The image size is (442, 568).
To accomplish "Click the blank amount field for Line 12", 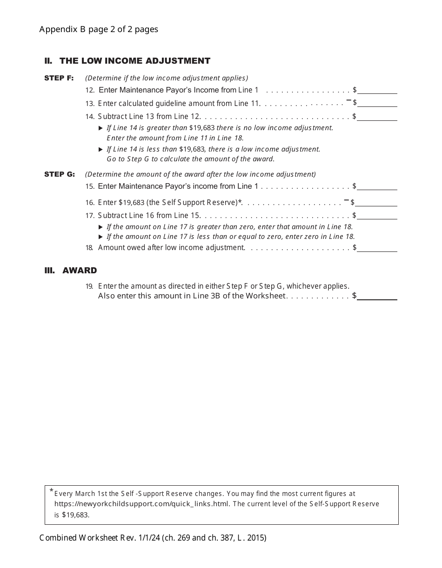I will click(377, 90).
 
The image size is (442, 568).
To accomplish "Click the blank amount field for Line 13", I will click(377, 103).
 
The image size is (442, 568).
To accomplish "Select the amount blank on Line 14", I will click(377, 117).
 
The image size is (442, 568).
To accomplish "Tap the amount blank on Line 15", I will click(377, 186).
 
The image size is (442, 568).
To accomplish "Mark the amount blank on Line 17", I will click(377, 216).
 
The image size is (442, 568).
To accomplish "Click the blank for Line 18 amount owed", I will click(377, 248).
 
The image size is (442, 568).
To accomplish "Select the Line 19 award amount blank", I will click(377, 296).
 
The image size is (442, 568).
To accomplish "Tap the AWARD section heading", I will click(80, 271).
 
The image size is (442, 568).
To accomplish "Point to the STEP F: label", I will click(59, 78).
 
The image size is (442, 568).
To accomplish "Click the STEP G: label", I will click(60, 174).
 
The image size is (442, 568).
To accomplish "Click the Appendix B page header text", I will click(99, 29).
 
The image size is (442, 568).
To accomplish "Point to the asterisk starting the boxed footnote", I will click(51, 491).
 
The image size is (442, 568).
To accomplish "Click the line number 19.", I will click(89, 286).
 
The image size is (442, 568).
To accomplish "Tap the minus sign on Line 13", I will click(348, 100).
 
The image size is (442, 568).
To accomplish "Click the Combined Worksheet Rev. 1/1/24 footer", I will click(153, 538).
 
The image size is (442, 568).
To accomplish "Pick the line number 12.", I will click(90, 91).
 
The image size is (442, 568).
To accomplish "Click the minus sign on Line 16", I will click(346, 200).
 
